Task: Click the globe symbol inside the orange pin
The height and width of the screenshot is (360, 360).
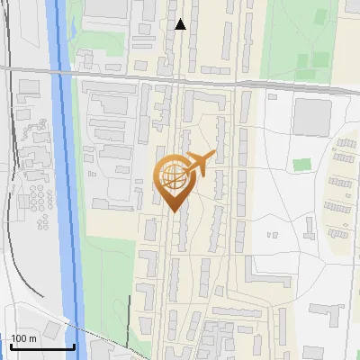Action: [172, 175]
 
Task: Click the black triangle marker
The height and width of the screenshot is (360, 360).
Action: [181, 24]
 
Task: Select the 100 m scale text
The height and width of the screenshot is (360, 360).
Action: [24, 338]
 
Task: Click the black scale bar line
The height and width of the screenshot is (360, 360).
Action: [42, 346]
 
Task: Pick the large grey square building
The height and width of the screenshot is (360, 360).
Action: [311, 115]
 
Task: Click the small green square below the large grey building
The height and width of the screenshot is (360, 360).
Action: [302, 165]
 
